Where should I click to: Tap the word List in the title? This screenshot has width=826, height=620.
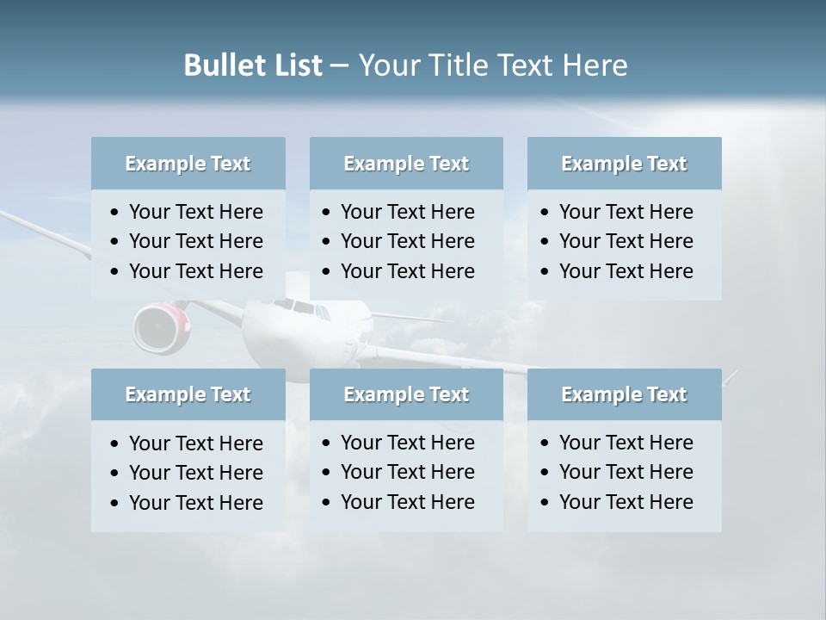[x=296, y=65]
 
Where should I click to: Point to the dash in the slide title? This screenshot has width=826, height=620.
[x=339, y=66]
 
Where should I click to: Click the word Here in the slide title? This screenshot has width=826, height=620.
[x=595, y=65]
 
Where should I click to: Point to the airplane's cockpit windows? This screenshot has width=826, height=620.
[x=297, y=306]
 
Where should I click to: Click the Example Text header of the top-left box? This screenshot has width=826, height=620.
[x=188, y=164]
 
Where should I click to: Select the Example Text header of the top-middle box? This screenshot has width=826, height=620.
[x=406, y=164]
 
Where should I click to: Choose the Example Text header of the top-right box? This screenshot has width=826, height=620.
[x=624, y=164]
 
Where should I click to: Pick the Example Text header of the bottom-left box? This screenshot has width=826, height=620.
[x=188, y=394]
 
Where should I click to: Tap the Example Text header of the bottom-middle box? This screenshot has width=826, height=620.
[x=406, y=394]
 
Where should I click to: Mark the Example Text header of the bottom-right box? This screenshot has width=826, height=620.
[x=624, y=394]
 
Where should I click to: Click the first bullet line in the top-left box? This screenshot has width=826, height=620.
[x=195, y=212]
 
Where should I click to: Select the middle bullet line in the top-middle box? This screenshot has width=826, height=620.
[x=407, y=241]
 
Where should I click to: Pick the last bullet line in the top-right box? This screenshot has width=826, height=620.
[x=626, y=271]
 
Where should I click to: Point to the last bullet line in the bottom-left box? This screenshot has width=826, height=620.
[x=195, y=503]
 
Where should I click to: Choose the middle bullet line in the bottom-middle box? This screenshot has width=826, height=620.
[x=407, y=472]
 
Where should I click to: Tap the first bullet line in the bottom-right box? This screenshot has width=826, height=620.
[x=626, y=443]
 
